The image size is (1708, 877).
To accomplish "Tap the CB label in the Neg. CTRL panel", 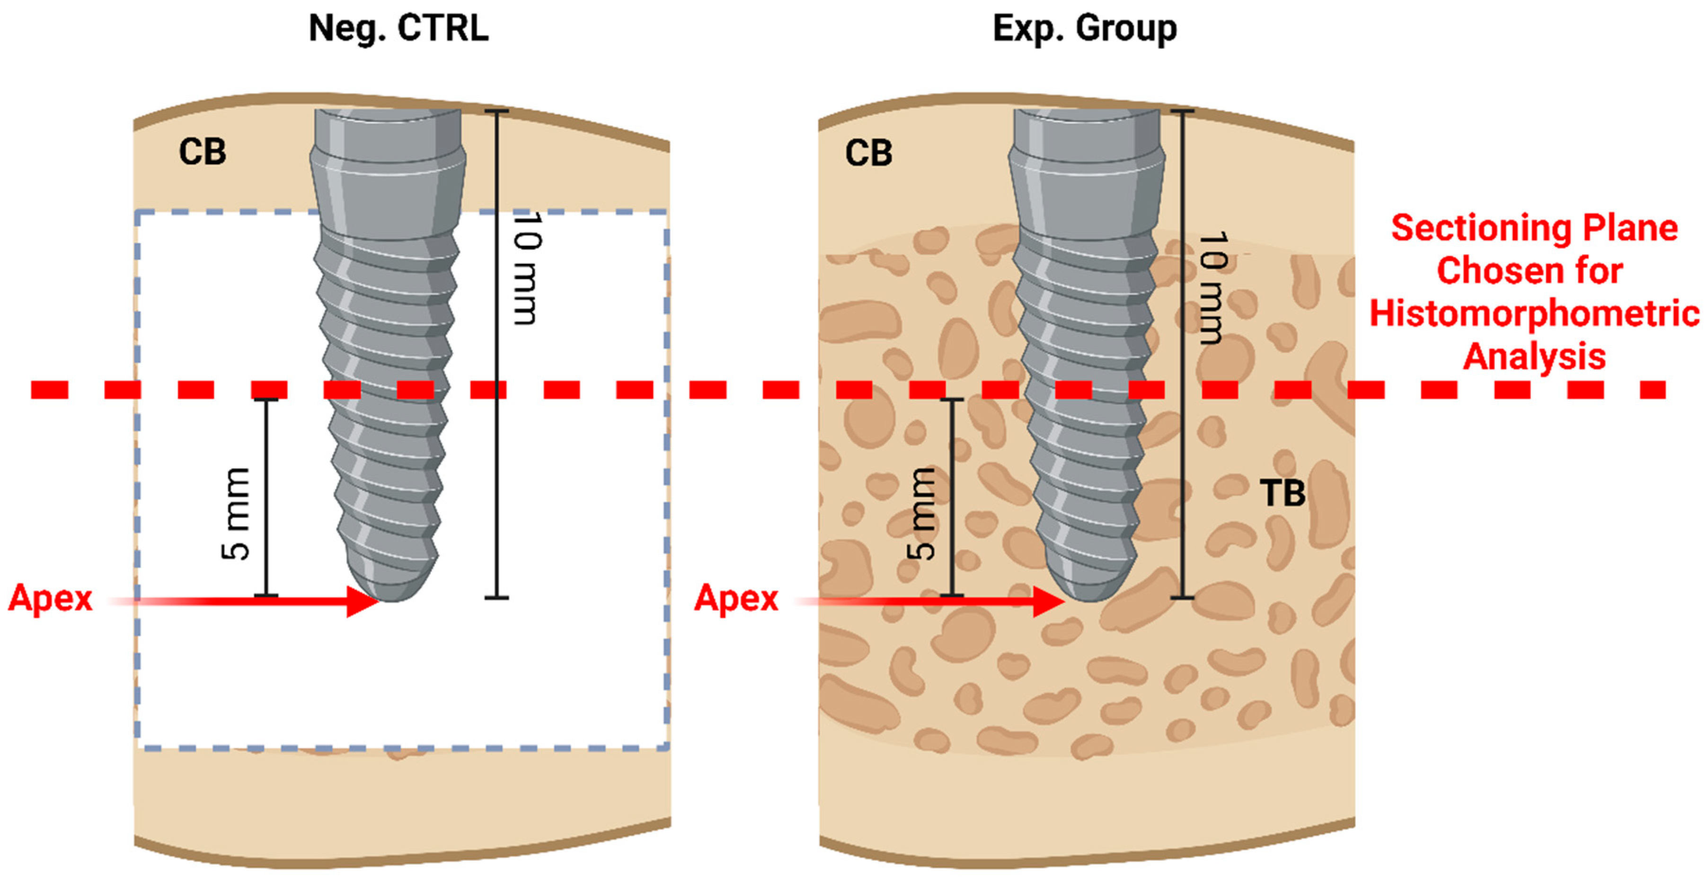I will click(202, 152).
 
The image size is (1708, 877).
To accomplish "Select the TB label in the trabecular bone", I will click(1283, 493).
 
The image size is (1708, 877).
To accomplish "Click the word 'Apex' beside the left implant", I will click(50, 599).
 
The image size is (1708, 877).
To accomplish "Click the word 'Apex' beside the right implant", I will click(736, 599).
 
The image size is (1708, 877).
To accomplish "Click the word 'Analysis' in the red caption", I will click(1534, 356).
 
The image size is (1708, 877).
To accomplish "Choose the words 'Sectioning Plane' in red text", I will click(1534, 228).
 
